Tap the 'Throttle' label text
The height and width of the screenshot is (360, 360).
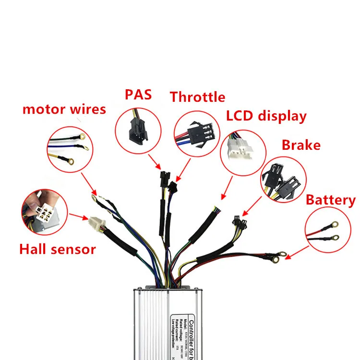pyautogui.click(x=197, y=97)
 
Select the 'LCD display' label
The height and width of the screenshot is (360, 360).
pyautogui.click(x=266, y=116)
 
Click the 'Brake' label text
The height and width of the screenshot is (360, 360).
pyautogui.click(x=301, y=144)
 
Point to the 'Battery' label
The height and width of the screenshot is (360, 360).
pyautogui.click(x=331, y=200)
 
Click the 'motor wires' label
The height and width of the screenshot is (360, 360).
pyautogui.click(x=64, y=109)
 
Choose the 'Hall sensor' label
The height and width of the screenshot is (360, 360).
pyautogui.click(x=58, y=249)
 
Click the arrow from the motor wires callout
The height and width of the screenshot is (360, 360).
pyautogui.click(x=88, y=184)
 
